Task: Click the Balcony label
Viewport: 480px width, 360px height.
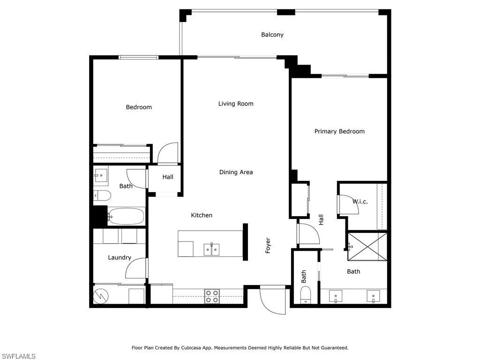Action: [272, 35]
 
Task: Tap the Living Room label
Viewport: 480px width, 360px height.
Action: [236, 104]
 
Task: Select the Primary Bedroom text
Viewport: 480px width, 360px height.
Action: [339, 131]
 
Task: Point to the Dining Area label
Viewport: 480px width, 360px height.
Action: [236, 172]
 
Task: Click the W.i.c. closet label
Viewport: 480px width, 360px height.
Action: [360, 202]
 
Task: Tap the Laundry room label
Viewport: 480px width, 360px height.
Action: [120, 257]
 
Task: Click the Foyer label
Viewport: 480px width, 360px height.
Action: [268, 246]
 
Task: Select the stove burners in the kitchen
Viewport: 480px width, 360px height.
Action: [212, 297]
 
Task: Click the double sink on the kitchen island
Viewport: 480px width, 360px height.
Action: [212, 249]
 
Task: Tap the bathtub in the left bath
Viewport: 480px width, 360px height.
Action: [126, 217]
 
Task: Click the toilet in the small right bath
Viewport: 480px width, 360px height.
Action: [306, 295]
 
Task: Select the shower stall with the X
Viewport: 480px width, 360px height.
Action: [367, 247]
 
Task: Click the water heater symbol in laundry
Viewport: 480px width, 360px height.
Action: [101, 296]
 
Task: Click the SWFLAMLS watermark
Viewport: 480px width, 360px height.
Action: [18, 356]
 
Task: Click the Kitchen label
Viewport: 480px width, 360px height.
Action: [202, 215]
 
